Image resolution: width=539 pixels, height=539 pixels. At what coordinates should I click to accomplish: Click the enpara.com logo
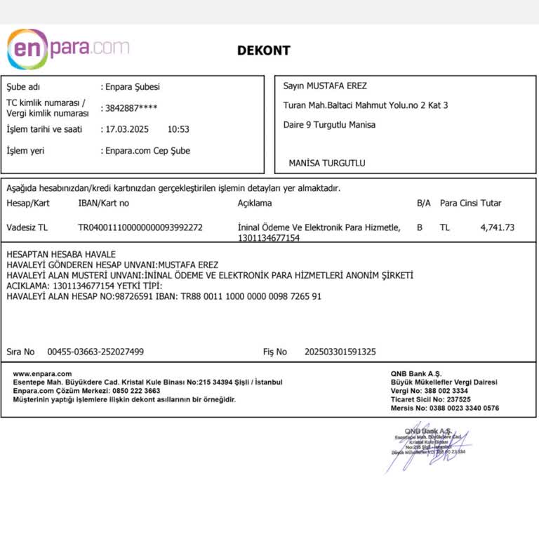coord(67,48)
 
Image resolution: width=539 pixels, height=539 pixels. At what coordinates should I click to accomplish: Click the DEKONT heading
coord(263,51)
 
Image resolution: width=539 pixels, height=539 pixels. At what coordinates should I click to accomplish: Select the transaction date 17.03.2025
coord(126,129)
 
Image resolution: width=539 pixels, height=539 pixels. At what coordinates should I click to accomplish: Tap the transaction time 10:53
coord(178,129)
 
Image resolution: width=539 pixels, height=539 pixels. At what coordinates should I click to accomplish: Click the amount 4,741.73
coord(497,227)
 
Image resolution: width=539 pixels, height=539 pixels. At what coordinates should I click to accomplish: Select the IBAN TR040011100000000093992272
coord(140,227)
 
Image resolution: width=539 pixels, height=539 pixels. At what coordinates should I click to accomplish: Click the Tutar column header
coord(491,204)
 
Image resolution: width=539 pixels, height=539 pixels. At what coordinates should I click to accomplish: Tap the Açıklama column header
coord(255,204)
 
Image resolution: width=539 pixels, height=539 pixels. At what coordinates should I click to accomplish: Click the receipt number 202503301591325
coord(340,352)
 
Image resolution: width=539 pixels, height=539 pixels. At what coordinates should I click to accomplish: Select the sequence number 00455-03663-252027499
coord(95,352)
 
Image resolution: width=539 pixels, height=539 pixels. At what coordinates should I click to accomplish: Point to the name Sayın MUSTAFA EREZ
coord(325,86)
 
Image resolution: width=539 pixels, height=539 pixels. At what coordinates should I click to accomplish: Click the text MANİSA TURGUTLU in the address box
coord(327,163)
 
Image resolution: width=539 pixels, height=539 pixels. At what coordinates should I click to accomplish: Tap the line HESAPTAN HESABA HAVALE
coord(61,254)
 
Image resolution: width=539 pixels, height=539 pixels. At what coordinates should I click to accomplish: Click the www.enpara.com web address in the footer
coord(42,374)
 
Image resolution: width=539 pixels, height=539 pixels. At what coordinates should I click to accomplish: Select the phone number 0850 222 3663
coord(136,391)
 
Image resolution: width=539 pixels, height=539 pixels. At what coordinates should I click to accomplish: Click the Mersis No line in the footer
coord(445,408)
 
